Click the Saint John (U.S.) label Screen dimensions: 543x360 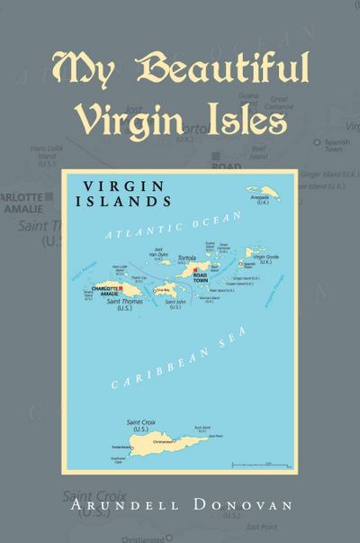(x=174, y=304)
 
